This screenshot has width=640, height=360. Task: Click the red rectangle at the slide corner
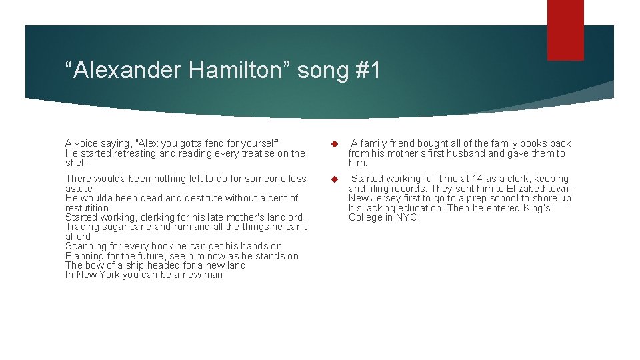coord(565,30)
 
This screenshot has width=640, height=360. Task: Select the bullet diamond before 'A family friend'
coord(335,144)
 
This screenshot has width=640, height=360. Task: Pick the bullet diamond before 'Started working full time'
coord(335,179)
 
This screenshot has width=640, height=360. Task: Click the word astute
coord(79,189)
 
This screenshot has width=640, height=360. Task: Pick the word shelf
coord(76,163)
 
